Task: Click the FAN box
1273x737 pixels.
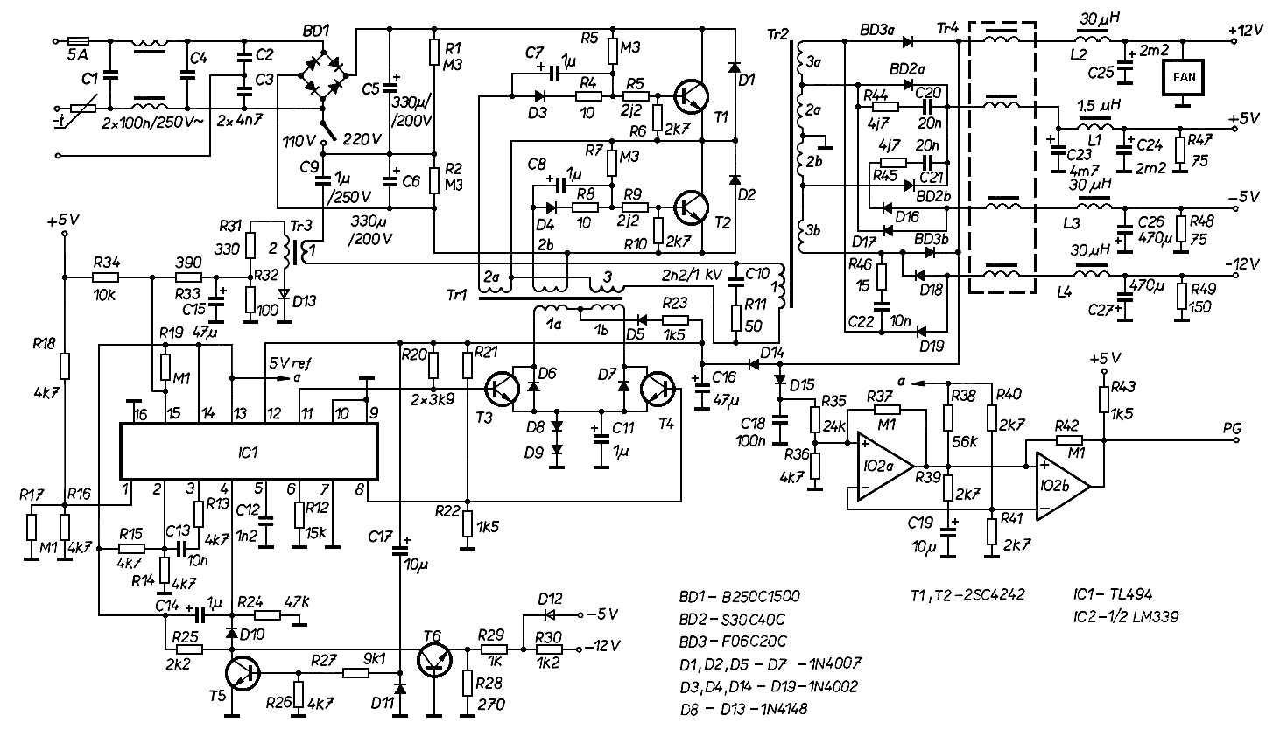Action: (x=1183, y=77)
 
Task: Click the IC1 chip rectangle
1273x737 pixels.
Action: (x=249, y=452)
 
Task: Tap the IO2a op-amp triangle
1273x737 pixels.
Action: (x=885, y=467)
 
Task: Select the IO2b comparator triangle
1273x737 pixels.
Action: (x=1063, y=487)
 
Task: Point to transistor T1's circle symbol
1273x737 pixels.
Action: (x=691, y=97)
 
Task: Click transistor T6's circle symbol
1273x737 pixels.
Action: (x=435, y=660)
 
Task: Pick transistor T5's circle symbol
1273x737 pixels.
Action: (x=243, y=674)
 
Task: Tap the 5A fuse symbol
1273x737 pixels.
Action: (x=78, y=41)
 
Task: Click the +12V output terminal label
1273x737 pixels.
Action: (x=1246, y=30)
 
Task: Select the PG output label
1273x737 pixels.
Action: (x=1232, y=427)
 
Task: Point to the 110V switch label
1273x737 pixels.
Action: (x=299, y=140)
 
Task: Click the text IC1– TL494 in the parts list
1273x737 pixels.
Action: (x=1112, y=594)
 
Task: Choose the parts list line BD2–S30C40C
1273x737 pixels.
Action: (x=733, y=619)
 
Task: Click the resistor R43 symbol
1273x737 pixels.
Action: (x=1104, y=399)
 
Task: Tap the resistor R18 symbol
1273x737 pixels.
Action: (x=64, y=366)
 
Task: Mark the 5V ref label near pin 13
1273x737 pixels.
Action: (x=290, y=363)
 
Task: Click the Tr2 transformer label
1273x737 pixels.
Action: (x=778, y=35)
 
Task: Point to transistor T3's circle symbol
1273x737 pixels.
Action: (x=503, y=390)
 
